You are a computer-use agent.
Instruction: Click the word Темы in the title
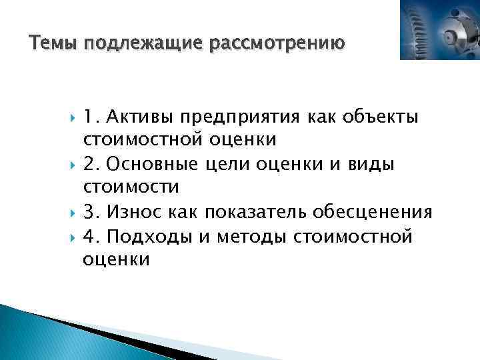tap(54, 44)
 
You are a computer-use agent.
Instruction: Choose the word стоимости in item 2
tap(131, 188)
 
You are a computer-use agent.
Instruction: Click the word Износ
tap(138, 212)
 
